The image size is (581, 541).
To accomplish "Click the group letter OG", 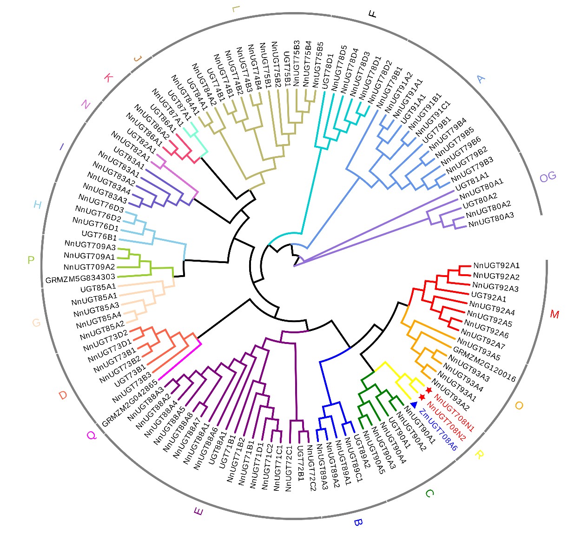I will (x=548, y=177).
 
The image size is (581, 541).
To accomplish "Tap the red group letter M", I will (x=555, y=315).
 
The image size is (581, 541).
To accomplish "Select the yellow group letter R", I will (x=479, y=455).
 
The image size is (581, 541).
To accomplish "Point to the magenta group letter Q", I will (x=91, y=435).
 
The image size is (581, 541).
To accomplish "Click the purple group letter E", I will (x=198, y=512).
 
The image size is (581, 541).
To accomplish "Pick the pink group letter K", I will (x=108, y=78).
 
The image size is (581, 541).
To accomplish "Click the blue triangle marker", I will (x=414, y=405).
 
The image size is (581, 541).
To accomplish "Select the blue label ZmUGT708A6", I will (x=438, y=430).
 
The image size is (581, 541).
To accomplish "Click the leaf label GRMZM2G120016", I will (x=484, y=365).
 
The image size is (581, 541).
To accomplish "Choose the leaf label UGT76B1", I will (x=99, y=236).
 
